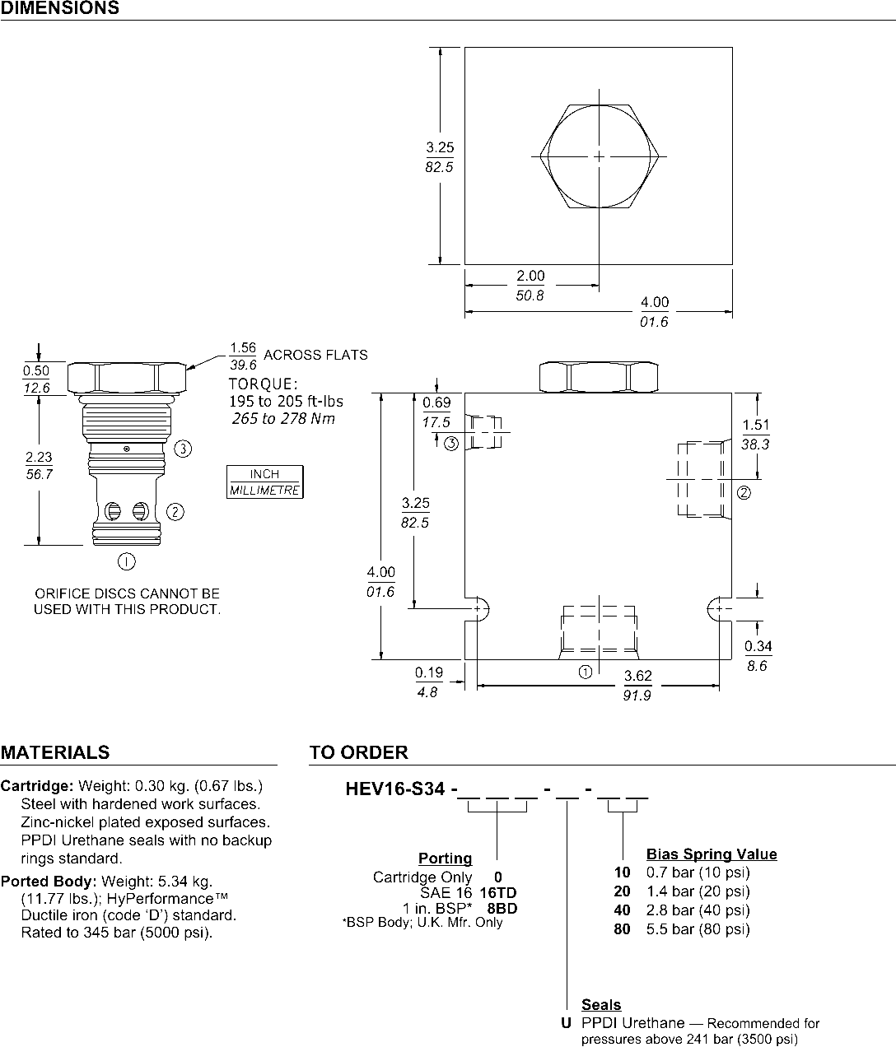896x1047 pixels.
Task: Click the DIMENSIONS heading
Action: (60, 8)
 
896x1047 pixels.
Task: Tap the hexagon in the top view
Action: (540, 157)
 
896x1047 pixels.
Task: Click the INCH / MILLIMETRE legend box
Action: (264, 482)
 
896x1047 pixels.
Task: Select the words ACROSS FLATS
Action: (315, 355)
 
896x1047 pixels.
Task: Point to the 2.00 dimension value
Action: (530, 276)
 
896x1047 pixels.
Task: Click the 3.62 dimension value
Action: (637, 676)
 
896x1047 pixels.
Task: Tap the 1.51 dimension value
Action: (756, 425)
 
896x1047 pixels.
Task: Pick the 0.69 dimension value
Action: (436, 403)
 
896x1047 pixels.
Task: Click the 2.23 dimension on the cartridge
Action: (39, 457)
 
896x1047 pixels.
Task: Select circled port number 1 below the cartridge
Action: (126, 561)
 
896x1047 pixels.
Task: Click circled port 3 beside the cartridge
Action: (183, 449)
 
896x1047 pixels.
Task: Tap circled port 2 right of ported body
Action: (744, 493)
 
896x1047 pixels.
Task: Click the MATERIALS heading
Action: (55, 752)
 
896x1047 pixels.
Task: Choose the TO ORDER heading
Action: (359, 752)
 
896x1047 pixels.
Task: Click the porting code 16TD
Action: (497, 892)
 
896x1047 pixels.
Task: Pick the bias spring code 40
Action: (623, 910)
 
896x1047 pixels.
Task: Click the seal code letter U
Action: (566, 1023)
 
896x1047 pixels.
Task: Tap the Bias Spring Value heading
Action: (712, 854)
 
